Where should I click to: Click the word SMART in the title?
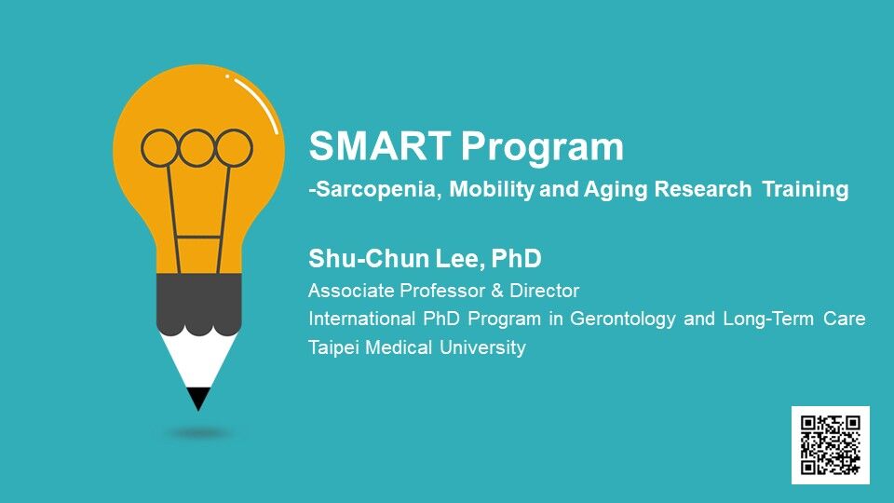380,145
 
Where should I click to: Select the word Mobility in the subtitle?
492,189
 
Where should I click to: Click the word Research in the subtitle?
702,189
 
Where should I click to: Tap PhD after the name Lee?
516,258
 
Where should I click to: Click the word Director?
544,291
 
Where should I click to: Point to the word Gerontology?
623,319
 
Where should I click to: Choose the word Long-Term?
768,319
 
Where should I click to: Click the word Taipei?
333,347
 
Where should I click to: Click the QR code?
830,445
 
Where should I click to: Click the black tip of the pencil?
198,399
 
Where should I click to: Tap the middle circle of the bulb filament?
196,148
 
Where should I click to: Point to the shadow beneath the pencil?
199,434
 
